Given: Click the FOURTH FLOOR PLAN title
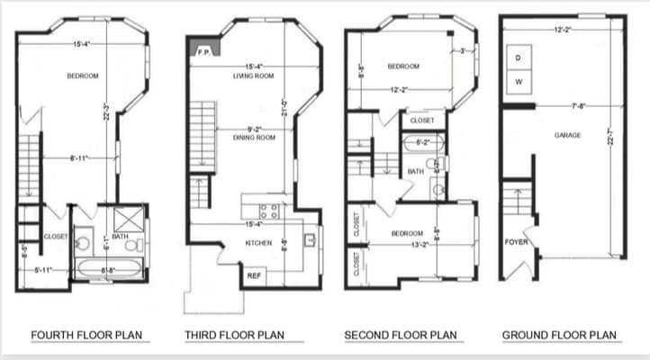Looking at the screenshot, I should pos(86,336).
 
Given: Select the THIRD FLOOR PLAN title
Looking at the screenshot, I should pos(234,336).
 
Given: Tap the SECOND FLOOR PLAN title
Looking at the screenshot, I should pos(401,336).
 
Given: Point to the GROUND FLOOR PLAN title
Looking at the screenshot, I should pos(560,336).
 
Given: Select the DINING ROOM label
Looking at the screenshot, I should pos(254,138).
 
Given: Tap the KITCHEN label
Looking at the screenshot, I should pos(258,243).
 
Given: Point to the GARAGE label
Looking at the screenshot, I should pos(567,135).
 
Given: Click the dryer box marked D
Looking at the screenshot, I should pos(519,58).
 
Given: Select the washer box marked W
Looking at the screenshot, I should pos(519,81).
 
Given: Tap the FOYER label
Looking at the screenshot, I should pos(516,242).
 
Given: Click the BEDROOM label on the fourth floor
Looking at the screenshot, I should pos(82,76).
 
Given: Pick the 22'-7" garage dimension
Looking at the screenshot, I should pos(611,135).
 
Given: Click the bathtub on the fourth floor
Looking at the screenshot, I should pos(109,268).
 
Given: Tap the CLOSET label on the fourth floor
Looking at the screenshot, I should pos(56,237).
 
